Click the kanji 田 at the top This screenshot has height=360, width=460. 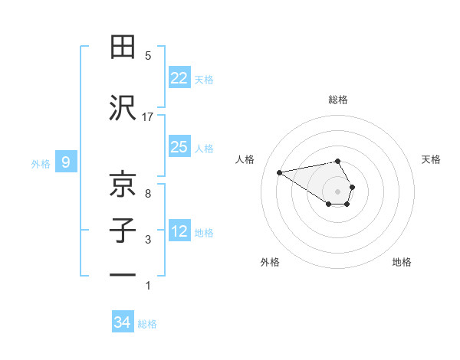point(123,47)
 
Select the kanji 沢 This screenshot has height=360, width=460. point(123,108)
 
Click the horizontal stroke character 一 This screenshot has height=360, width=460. point(123,274)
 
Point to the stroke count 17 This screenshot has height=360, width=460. point(148,116)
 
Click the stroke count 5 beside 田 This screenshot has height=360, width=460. point(148,55)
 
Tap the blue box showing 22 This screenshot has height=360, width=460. point(179,78)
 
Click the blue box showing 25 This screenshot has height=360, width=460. point(179,147)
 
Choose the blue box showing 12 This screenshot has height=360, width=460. point(179,231)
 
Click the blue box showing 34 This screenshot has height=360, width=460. point(122,322)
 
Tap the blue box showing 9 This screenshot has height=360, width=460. point(66,162)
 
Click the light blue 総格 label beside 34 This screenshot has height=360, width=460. point(147,324)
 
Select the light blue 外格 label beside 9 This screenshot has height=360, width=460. point(41,163)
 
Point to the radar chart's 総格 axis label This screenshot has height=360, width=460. point(338,100)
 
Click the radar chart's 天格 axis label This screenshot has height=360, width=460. point(432,159)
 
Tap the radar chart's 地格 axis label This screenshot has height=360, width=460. point(402,263)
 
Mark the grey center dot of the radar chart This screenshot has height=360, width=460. point(338,191)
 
